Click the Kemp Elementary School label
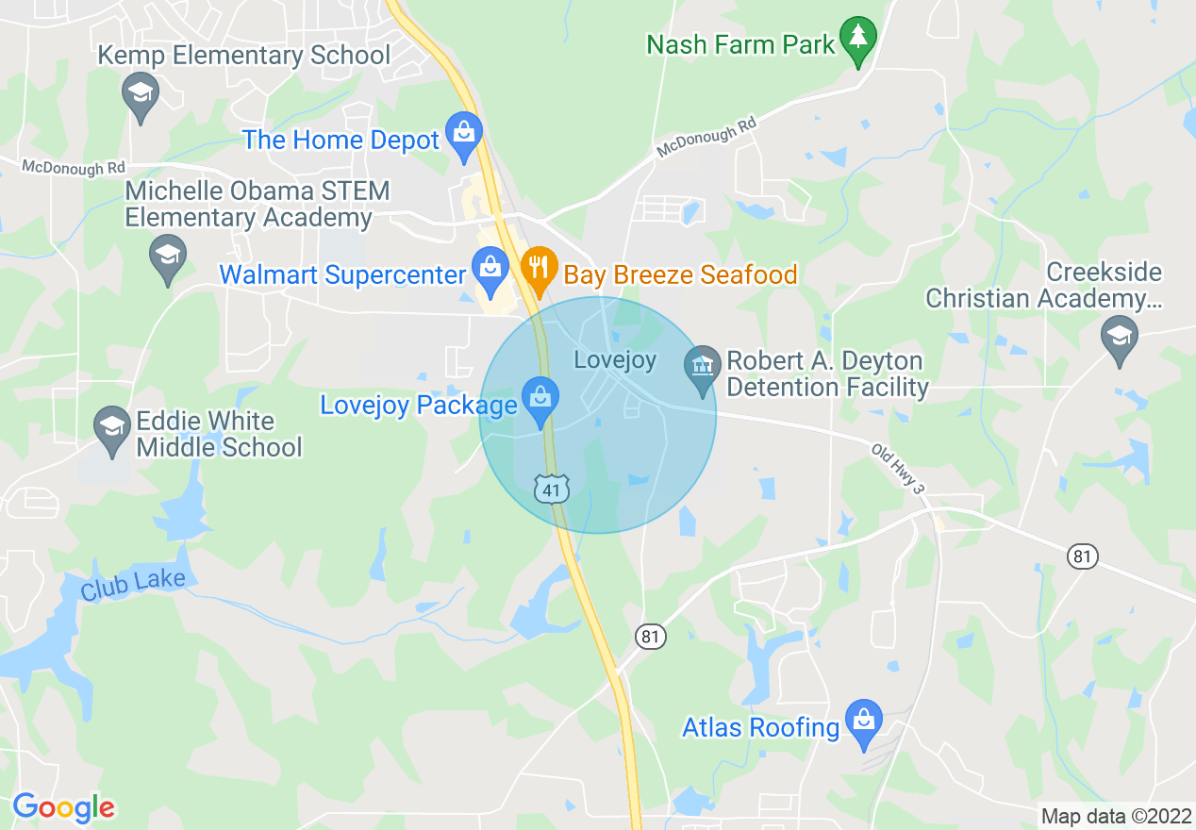click(x=244, y=56)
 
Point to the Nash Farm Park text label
click(x=741, y=43)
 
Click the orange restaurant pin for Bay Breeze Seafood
click(x=538, y=268)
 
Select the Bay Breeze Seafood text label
click(x=680, y=274)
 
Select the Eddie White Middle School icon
click(x=112, y=429)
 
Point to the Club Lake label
click(x=133, y=585)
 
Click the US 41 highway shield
click(x=551, y=489)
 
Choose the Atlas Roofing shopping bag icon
click(x=863, y=721)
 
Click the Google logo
click(x=63, y=807)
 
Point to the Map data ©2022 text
click(x=1114, y=815)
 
